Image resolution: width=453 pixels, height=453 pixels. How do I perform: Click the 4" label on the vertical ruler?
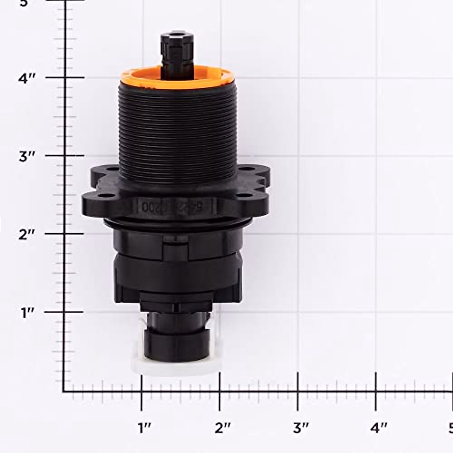coord(27,79)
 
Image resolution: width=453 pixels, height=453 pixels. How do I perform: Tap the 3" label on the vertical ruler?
coord(27,157)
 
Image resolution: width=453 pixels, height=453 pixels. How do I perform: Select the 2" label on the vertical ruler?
coord(27,235)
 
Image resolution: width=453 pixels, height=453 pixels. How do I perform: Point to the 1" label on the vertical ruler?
coord(27,313)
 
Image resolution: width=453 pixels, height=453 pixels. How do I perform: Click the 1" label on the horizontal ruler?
coord(144,428)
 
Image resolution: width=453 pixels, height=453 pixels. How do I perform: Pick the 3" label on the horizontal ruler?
coord(300,428)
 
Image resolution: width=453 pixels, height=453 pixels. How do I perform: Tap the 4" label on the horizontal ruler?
coord(379,428)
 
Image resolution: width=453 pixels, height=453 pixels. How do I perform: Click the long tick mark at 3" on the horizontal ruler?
coord(298,391)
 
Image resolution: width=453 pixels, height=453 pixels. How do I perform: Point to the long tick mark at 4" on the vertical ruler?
coord(65,77)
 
